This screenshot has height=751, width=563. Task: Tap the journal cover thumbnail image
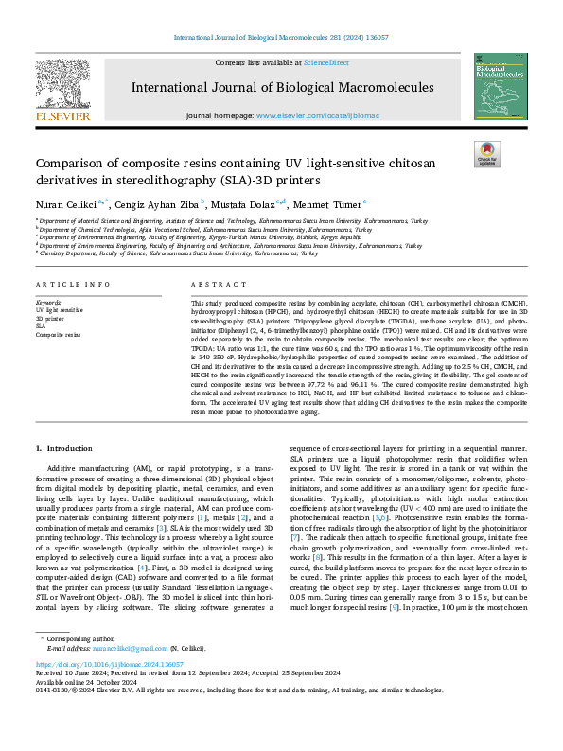coord(497,91)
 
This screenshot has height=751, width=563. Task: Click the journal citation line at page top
coord(281,38)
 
